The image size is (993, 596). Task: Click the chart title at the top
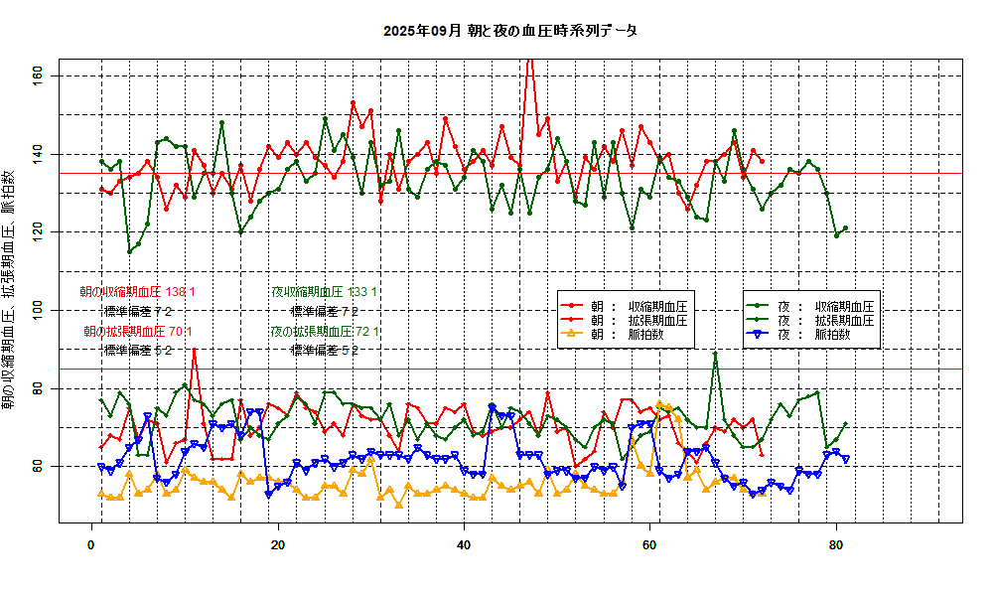tap(509, 31)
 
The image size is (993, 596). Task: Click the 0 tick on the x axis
tap(92, 544)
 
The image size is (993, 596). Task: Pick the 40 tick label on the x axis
tap(464, 544)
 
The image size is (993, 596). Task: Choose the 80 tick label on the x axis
tap(836, 544)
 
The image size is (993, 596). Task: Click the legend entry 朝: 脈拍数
tap(627, 335)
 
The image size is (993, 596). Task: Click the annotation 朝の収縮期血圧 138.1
tap(138, 292)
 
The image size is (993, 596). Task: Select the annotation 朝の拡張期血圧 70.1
tap(138, 331)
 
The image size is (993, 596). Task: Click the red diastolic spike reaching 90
tap(195, 350)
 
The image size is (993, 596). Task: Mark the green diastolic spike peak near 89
tap(715, 354)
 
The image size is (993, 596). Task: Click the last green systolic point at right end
tap(845, 228)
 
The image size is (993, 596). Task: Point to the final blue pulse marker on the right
tap(845, 458)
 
